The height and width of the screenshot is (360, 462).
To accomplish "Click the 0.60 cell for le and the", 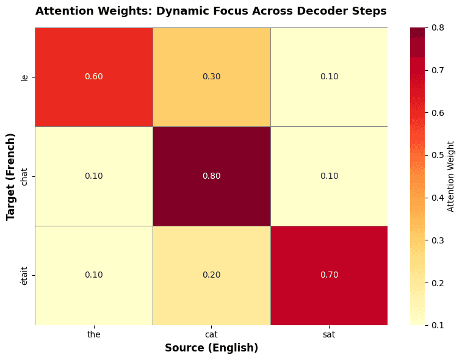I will [x=93, y=77].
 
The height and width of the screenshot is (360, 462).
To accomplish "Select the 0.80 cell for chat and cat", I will [x=211, y=176].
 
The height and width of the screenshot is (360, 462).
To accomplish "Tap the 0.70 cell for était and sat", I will [x=329, y=275].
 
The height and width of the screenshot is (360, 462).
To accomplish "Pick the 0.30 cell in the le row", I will [x=211, y=77].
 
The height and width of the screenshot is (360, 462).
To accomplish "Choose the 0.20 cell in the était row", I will [x=211, y=275].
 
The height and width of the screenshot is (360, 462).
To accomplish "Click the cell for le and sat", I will [x=329, y=77].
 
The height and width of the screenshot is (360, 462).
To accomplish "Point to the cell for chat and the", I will [x=93, y=176].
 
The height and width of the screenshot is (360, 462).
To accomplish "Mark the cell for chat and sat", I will [x=329, y=176].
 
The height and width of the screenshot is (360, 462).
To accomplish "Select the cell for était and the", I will [x=93, y=275].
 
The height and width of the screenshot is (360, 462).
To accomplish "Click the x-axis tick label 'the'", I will [x=93, y=334].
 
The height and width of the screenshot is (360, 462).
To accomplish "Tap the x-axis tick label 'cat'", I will [x=211, y=334].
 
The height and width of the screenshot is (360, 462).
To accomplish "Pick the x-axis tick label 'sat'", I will [x=329, y=334].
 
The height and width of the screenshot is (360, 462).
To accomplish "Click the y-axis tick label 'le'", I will [x=24, y=77].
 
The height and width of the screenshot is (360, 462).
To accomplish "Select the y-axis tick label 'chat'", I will [x=24, y=176].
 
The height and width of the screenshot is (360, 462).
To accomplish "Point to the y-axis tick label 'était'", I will [x=24, y=275].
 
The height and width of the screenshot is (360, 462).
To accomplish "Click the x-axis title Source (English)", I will [x=211, y=348].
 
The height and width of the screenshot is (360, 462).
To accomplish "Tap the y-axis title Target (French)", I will [x=10, y=176].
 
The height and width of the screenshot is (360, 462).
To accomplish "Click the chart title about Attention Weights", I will [x=211, y=11].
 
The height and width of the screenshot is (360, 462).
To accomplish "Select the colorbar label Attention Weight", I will [x=452, y=176].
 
